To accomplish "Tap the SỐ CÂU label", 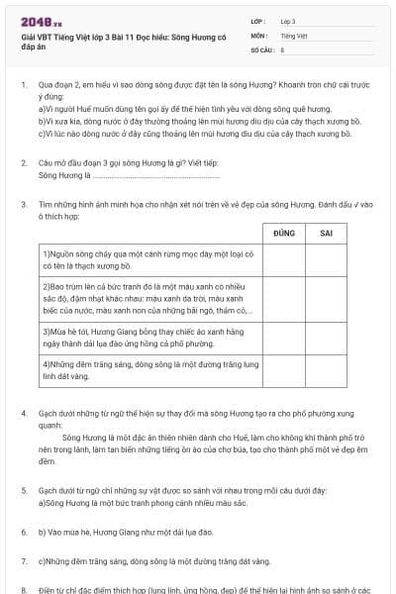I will pyautogui.click(x=261, y=48).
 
